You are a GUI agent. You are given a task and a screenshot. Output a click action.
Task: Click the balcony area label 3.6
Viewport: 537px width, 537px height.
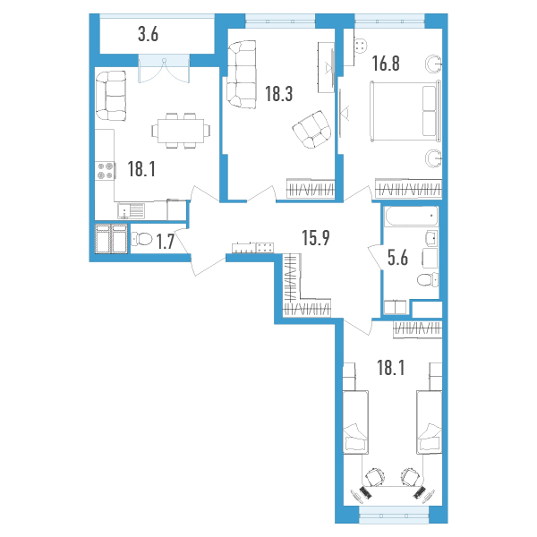click(148, 35)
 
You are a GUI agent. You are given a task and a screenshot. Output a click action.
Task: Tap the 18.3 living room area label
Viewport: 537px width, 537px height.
click(278, 94)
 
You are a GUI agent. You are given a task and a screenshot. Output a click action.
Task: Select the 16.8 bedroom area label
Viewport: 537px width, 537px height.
click(386, 64)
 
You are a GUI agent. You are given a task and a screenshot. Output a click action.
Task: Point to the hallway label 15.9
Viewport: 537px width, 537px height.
click(316, 238)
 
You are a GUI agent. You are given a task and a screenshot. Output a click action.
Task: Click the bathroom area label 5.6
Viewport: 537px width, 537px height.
click(397, 258)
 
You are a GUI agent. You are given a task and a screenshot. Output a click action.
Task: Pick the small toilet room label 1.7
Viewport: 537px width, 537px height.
click(166, 241)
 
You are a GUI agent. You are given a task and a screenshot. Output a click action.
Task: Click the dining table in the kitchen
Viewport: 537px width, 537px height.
click(181, 131)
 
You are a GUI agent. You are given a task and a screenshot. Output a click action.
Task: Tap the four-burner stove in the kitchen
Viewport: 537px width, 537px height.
click(105, 171)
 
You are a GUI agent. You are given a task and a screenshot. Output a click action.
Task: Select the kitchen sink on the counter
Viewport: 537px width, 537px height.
click(132, 210)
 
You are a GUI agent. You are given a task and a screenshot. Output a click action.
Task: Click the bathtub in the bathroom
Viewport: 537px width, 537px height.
click(412, 216)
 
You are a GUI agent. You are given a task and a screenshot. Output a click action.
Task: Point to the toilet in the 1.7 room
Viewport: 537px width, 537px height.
click(141, 239)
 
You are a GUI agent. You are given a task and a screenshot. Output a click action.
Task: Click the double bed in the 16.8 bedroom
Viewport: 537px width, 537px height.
click(405, 111)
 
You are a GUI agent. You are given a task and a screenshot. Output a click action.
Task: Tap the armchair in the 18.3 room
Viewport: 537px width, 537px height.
click(312, 130)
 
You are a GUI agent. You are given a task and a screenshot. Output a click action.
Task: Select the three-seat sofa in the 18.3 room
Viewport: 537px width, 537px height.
click(242, 74)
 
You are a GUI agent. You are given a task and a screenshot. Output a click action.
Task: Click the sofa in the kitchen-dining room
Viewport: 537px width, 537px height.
click(111, 96)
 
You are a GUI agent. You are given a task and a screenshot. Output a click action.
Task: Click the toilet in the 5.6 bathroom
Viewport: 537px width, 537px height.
click(428, 280)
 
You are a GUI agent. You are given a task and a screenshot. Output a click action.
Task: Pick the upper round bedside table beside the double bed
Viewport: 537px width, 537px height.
click(433, 64)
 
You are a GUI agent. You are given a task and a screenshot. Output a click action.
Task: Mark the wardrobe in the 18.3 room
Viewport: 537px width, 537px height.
click(311, 189)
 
